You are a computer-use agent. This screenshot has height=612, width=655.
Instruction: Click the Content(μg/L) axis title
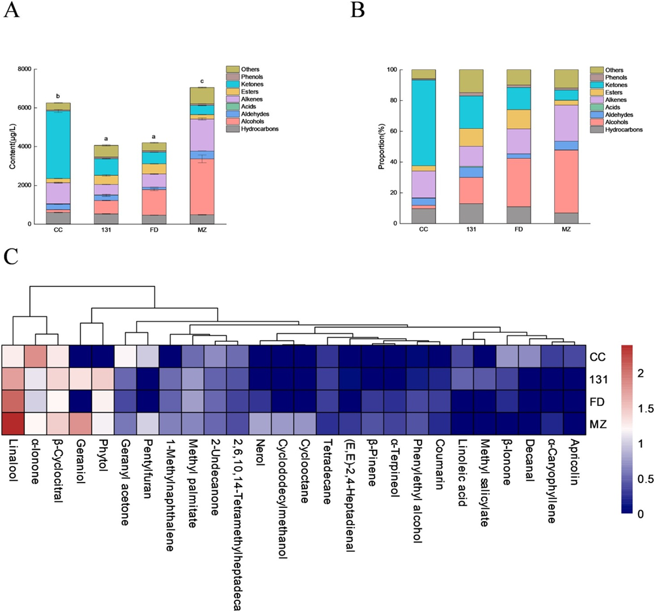[x=13, y=146]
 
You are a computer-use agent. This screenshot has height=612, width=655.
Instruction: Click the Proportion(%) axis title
[x=380, y=146]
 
